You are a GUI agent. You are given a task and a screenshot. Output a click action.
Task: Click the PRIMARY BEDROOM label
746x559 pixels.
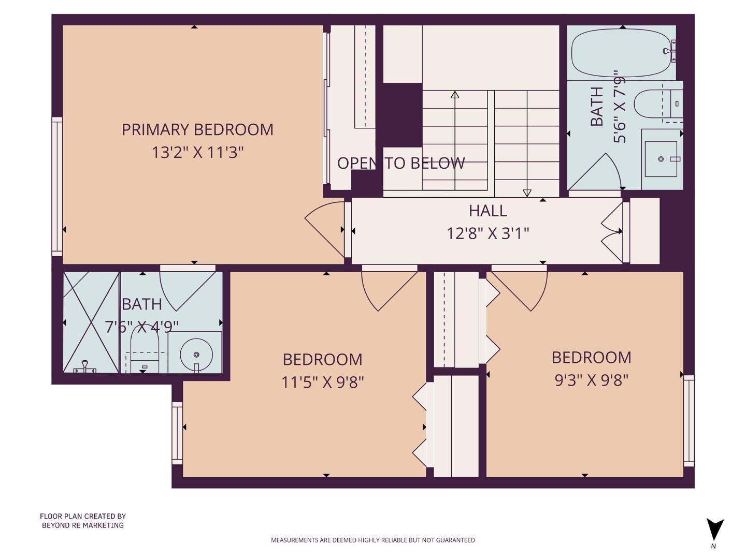pyautogui.click(x=197, y=129)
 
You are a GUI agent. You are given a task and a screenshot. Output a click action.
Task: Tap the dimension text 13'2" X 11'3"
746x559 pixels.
pyautogui.click(x=197, y=153)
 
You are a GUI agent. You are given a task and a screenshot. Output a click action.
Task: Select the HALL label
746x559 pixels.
pyautogui.click(x=487, y=211)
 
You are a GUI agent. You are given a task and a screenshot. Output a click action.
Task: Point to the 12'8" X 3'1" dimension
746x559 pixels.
pyautogui.click(x=487, y=233)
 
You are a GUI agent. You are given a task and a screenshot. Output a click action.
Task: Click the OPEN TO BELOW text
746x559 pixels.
pyautogui.click(x=401, y=164)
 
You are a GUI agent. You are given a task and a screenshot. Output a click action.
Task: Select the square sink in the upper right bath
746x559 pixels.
pyautogui.click(x=661, y=159)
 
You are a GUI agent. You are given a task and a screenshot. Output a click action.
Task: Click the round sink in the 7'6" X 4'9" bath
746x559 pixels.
pyautogui.click(x=196, y=355)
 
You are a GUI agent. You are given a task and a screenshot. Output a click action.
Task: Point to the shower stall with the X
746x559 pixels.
pyautogui.click(x=91, y=322)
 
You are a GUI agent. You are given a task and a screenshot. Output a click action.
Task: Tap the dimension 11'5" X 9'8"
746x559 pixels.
pyautogui.click(x=322, y=383)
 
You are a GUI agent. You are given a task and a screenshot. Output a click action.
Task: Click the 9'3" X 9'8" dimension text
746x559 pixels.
pyautogui.click(x=591, y=380)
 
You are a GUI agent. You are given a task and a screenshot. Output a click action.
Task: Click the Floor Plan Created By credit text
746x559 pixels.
pyautogui.click(x=83, y=521)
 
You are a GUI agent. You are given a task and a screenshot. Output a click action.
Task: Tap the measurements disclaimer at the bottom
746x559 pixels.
pyautogui.click(x=372, y=540)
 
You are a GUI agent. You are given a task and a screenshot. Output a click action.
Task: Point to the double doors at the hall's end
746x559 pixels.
pyautogui.click(x=613, y=231)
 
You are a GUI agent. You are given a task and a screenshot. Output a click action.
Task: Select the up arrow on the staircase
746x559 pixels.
pyautogui.click(x=455, y=95)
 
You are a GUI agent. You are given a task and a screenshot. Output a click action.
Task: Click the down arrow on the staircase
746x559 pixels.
pyautogui.click(x=527, y=193)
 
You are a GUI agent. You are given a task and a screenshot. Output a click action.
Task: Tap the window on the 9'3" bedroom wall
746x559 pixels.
pyautogui.click(x=688, y=420)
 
